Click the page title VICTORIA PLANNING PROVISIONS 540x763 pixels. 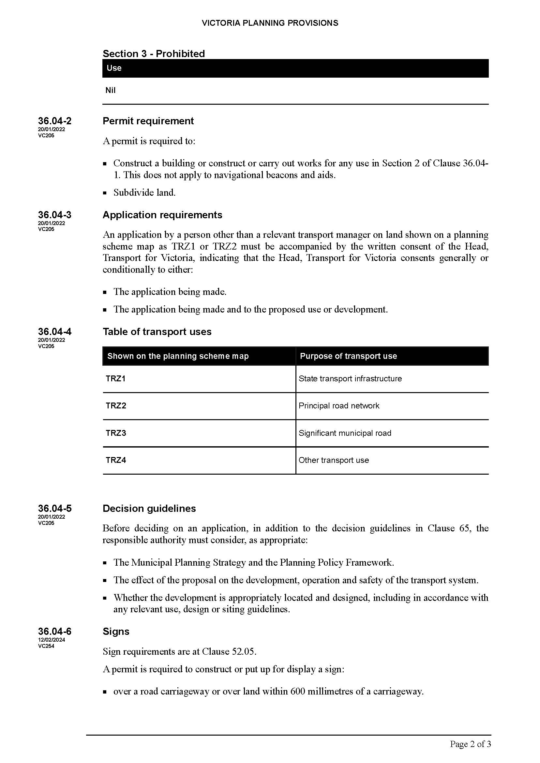tap(270, 23)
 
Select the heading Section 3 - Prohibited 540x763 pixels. tap(154, 53)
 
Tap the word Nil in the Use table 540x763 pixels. tap(111, 90)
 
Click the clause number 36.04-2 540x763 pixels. tap(54, 121)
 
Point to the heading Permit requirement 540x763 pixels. tap(148, 121)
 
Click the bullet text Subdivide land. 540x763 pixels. tap(144, 192)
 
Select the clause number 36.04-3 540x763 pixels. tap(54, 215)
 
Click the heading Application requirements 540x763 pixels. tap(162, 215)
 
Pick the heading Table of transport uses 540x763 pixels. tap(157, 332)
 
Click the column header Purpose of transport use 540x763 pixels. tap(348, 356)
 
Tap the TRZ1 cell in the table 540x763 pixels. tap(115, 378)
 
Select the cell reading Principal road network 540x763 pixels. tap(339, 406)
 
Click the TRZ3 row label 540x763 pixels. tap(116, 433)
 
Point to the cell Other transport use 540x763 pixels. tap(334, 460)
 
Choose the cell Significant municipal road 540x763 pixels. tap(345, 433)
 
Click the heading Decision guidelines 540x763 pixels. tap(149, 509)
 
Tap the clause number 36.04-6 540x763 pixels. tap(54, 632)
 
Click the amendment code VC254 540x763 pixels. tap(46, 646)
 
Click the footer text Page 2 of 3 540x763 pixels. tap(470, 744)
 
